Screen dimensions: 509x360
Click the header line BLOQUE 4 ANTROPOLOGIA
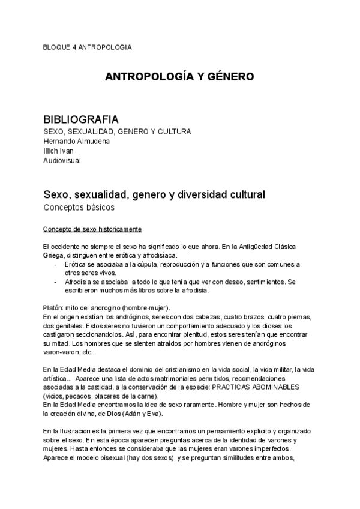[88, 47]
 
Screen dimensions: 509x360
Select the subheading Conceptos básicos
[79, 208]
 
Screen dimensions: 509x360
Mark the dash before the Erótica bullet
[56, 264]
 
